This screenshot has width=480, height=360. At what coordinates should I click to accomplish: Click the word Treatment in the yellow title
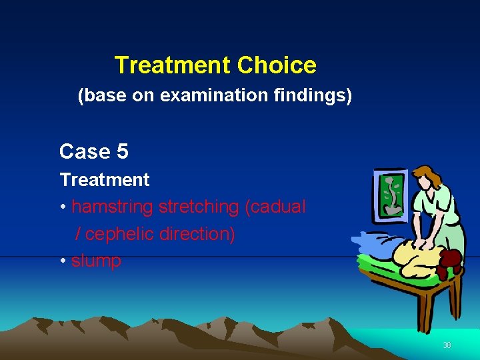point(173,65)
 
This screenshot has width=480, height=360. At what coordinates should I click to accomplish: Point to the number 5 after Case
point(122,152)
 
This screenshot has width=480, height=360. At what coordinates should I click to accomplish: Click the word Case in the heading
point(85,152)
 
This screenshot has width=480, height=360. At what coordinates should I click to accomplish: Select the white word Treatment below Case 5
point(105,180)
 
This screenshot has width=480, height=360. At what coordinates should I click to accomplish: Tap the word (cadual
point(275,207)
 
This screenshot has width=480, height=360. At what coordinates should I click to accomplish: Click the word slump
point(96,261)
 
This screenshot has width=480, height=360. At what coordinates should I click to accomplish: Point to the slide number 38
point(447,345)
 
